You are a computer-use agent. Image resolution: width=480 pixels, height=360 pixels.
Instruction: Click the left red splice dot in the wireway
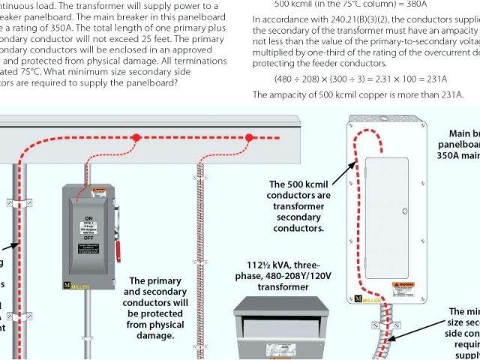[x=136, y=138]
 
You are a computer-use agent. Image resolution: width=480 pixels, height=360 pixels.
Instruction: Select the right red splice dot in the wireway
[x=248, y=138]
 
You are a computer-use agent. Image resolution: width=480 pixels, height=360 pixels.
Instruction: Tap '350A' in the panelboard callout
[x=459, y=157]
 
